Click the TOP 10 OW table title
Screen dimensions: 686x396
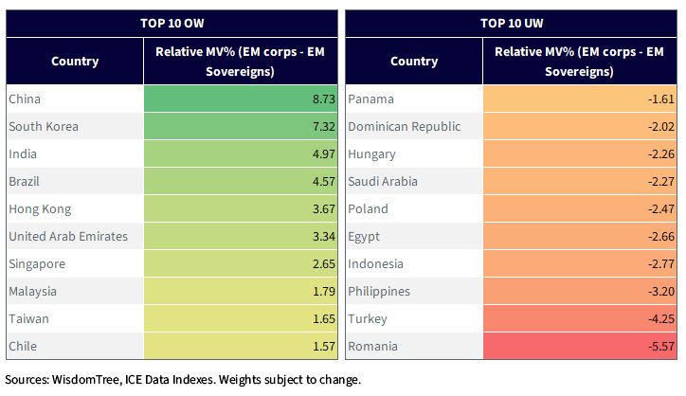171,23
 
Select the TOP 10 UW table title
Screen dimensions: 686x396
512,23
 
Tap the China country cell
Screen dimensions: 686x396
25,99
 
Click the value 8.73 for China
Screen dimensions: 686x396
324,99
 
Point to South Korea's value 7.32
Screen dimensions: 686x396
324,126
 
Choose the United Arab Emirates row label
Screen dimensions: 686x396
68,236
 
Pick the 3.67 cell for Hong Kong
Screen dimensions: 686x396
324,209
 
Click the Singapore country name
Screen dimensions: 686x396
37,264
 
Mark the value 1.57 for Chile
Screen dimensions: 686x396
324,346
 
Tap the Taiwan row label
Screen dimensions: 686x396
28,318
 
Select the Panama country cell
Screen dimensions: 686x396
370,99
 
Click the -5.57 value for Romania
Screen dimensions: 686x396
661,346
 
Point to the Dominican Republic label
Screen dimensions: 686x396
405,126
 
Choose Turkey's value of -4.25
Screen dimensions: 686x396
661,318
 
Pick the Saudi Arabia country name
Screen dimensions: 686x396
383,182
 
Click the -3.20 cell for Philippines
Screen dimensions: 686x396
661,292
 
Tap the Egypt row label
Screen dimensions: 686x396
364,237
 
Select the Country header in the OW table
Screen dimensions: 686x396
75,62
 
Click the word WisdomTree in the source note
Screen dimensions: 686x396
86,379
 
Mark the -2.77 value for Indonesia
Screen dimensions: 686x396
661,264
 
